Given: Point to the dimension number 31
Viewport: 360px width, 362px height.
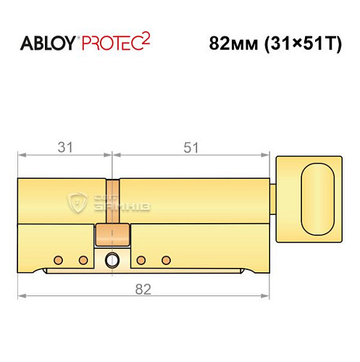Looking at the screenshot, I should coord(65,147).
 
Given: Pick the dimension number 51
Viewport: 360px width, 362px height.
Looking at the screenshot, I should coord(191,147).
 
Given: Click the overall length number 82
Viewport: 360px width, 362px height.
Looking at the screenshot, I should coord(143,289).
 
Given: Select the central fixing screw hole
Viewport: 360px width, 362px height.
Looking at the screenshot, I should coord(112,260).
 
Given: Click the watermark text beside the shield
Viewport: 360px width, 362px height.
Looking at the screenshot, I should coord(122,202).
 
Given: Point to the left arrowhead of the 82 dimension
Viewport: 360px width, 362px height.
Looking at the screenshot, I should coord(22,296).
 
